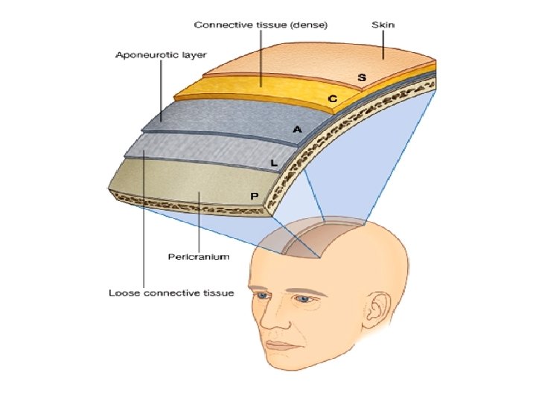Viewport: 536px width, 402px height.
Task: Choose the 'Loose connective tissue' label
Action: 171,293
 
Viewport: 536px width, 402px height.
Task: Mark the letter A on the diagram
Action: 297,130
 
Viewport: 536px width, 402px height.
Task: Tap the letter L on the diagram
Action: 275,162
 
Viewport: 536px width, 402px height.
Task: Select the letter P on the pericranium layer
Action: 254,195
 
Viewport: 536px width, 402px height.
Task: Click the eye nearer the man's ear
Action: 304,299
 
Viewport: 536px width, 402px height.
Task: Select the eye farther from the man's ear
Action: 261,296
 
